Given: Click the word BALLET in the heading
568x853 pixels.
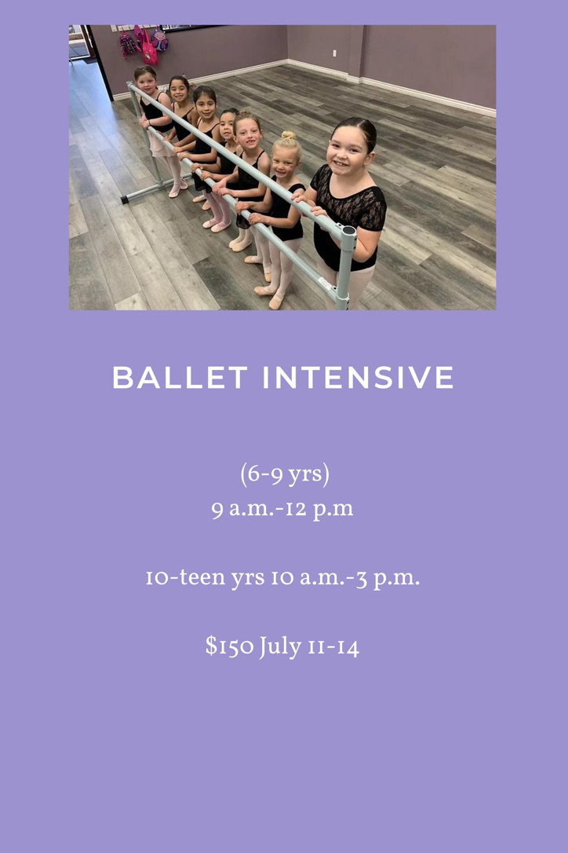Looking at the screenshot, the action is [x=180, y=378].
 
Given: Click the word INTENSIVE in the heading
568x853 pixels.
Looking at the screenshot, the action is [x=359, y=378].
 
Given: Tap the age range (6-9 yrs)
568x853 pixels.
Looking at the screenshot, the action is [x=285, y=475].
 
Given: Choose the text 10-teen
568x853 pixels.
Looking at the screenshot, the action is [x=185, y=577].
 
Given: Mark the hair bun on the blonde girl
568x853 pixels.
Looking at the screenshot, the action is [x=289, y=135].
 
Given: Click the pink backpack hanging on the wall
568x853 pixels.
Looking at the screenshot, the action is [x=149, y=52].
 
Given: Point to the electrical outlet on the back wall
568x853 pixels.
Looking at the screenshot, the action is [x=335, y=53].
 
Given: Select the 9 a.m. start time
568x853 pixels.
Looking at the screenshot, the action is [x=243, y=510].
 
